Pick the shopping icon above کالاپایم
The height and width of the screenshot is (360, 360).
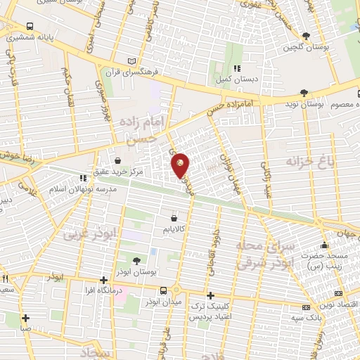click(x=174, y=218)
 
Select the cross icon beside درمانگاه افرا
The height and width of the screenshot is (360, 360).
click(x=104, y=280)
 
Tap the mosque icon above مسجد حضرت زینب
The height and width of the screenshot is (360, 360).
click(x=324, y=245)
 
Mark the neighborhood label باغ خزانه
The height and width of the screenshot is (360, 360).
click(x=308, y=162)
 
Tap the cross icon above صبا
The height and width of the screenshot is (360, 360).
click(x=25, y=317)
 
